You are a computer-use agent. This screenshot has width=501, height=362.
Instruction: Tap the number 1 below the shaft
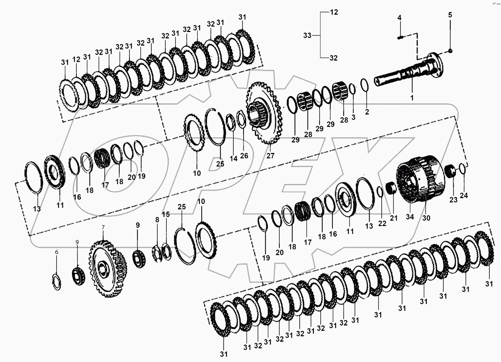tap(411, 98)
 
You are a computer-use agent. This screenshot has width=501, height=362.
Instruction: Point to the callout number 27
tap(270, 156)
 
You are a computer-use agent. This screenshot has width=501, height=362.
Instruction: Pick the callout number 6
tap(57, 252)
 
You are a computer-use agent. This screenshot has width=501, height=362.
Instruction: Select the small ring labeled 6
tap(56, 282)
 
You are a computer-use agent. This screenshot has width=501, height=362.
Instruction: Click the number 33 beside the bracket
tap(308, 35)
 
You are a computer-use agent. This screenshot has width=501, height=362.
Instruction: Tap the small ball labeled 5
tap(450, 51)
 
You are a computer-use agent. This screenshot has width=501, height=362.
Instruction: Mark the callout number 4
tap(399, 18)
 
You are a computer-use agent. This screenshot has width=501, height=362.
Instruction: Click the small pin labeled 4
tap(401, 37)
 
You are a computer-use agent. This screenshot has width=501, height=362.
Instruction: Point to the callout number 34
tap(410, 217)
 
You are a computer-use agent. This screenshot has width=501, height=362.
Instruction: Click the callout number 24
tap(464, 196)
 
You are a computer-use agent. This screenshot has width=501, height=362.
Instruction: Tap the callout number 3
tap(353, 118)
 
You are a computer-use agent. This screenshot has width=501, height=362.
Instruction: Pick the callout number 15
tap(166, 214)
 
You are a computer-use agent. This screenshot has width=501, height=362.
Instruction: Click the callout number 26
tap(244, 155)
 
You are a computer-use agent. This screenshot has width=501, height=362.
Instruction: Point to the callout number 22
tap(382, 223)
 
